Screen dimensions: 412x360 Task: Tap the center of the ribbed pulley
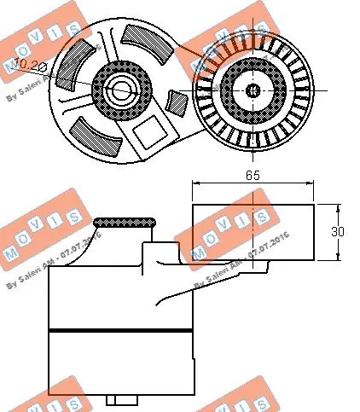click(253, 90)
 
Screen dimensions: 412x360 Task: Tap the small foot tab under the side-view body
click(123, 400)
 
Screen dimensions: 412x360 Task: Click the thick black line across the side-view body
click(119, 329)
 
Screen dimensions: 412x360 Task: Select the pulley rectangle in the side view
click(253, 231)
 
